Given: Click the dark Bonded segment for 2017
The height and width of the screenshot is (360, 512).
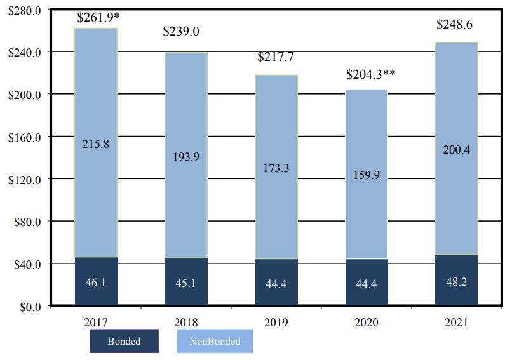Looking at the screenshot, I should tap(96, 281).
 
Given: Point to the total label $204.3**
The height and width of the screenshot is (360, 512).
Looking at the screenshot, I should tap(371, 74).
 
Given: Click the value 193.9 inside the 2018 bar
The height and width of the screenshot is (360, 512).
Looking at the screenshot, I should tap(186, 157).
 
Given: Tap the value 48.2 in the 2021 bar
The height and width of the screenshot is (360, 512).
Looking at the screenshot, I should tap(456, 281).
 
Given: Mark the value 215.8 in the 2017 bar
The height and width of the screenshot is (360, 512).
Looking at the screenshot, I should tap(96, 144).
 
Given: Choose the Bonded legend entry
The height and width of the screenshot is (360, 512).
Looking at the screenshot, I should tap(124, 341).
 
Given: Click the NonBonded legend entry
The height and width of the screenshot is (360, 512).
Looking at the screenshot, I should tap(215, 341).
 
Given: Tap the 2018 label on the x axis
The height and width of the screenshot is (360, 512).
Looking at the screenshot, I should tap(187, 323).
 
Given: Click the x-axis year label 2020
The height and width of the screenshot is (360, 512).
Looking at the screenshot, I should tap(367, 323).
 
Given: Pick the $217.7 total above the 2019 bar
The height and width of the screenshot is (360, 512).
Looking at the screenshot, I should tap(276, 57).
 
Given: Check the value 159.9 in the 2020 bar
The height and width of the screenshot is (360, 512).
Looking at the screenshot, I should tap(367, 175).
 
